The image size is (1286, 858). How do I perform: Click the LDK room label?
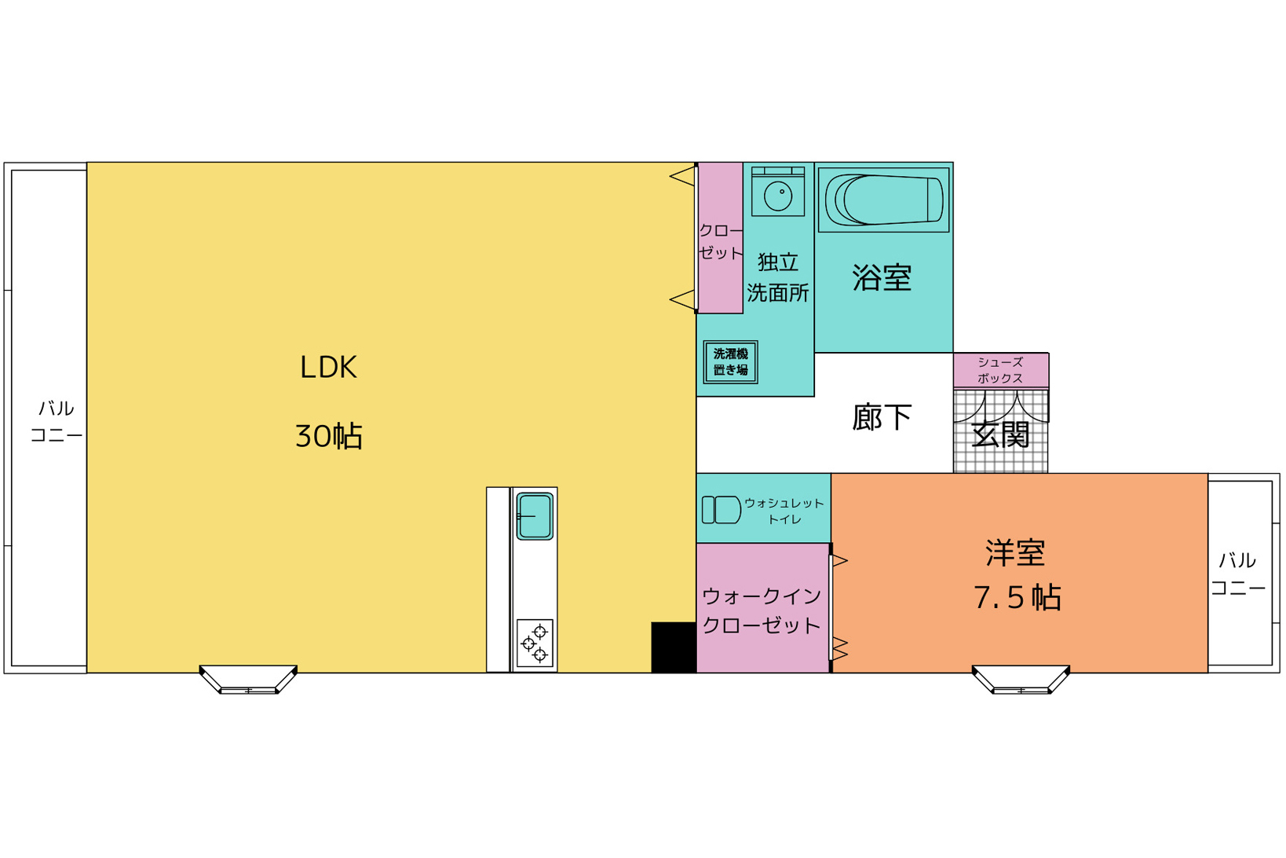pos(328,367)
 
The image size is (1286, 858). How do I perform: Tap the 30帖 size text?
pos(328,436)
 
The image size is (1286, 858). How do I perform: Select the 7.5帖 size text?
pos(1017,598)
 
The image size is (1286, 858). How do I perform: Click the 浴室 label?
pos(882,278)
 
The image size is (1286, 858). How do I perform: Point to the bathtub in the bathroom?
pos(883,200)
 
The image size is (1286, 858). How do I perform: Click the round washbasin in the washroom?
pos(778,196)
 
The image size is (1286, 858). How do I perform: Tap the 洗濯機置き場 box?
pos(730,362)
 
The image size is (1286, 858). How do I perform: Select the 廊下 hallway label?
pos(882,417)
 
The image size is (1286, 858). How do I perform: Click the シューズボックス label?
pos(1000,370)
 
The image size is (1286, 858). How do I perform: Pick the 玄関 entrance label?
pos(1001,435)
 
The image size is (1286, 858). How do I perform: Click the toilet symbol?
pos(721,510)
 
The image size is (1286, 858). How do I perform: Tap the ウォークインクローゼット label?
pos(762,610)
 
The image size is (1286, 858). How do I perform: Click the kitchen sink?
pos(535,516)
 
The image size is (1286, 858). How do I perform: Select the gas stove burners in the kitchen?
pos(535,643)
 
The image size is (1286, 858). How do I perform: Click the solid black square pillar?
pos(674,647)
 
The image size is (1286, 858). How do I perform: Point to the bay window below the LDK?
pos(248,680)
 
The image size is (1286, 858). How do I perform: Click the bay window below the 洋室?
pos(1021,680)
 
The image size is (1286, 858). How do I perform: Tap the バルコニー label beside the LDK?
pos(57,422)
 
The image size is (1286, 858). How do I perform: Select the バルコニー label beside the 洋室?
pos(1238,574)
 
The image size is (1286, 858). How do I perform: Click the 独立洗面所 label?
pos(778,277)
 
